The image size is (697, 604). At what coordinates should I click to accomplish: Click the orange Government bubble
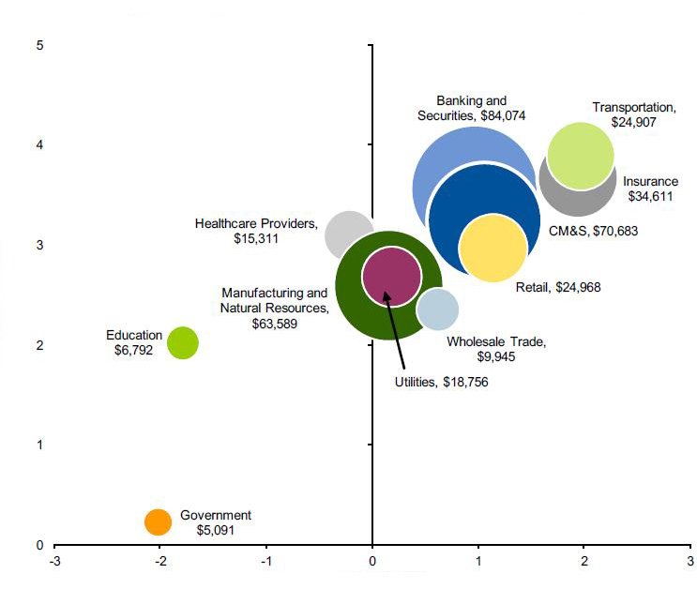click(159, 521)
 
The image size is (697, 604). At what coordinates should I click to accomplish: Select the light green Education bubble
click(183, 342)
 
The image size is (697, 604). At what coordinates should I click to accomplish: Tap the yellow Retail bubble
click(492, 249)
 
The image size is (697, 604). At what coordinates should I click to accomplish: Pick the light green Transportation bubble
click(581, 156)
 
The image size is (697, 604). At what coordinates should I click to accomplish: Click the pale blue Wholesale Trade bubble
click(437, 309)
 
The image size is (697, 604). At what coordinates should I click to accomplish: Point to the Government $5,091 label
click(216, 522)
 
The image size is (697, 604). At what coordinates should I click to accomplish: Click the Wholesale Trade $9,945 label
click(495, 349)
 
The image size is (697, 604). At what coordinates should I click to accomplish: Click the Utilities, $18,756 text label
click(441, 382)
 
